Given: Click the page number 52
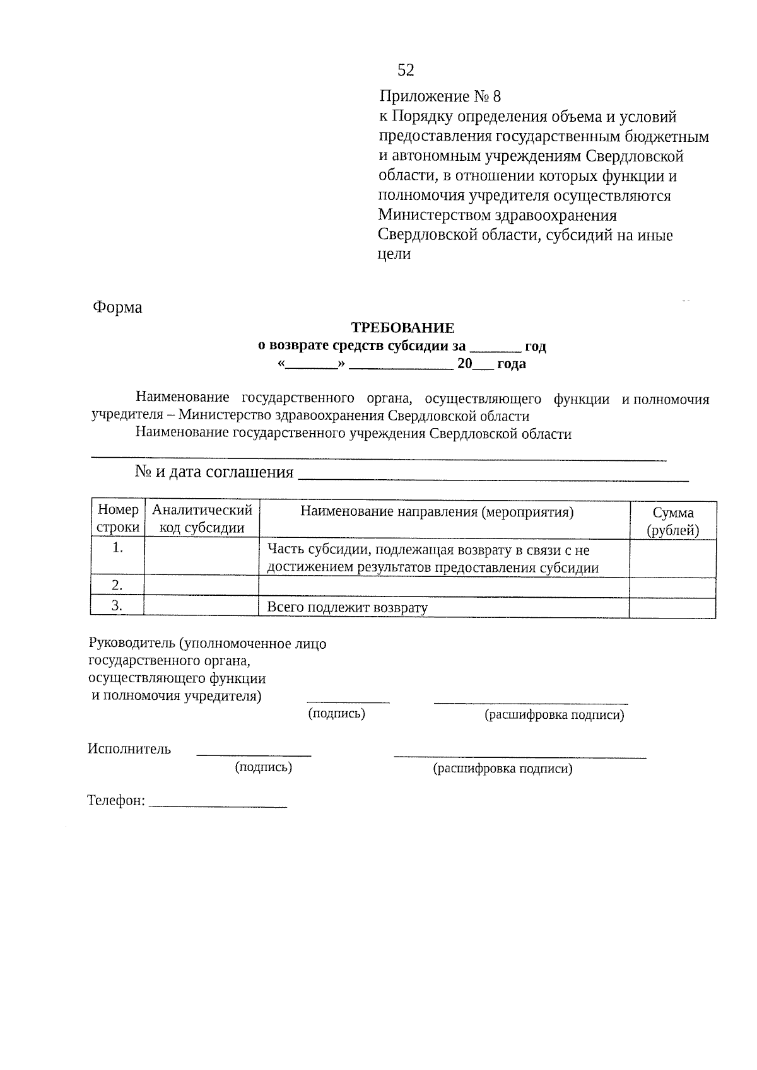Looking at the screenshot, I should click(x=406, y=70).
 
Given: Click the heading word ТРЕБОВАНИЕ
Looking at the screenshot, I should click(x=402, y=328).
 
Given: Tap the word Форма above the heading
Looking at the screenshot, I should click(x=117, y=308).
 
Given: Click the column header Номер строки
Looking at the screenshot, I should click(x=117, y=519).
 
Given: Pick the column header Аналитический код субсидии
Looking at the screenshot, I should click(x=202, y=519).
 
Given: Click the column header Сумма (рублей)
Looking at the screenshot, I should click(x=672, y=521).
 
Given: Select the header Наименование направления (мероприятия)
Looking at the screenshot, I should click(x=437, y=512).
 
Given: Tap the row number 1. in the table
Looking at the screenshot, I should click(x=117, y=548).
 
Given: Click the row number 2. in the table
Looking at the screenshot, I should click(x=117, y=586).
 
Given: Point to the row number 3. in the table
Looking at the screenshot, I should click(x=117, y=606).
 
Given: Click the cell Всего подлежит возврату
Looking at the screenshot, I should click(x=347, y=608).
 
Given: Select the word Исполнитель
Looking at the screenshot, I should click(x=129, y=749).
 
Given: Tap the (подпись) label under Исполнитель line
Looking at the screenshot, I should click(x=263, y=767).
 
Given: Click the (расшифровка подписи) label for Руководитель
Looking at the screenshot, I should click(x=554, y=715).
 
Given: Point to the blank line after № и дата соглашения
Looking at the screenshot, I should click(x=492, y=476).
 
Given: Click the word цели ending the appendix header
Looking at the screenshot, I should click(x=394, y=255).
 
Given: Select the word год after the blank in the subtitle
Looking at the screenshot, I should click(x=535, y=346).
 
